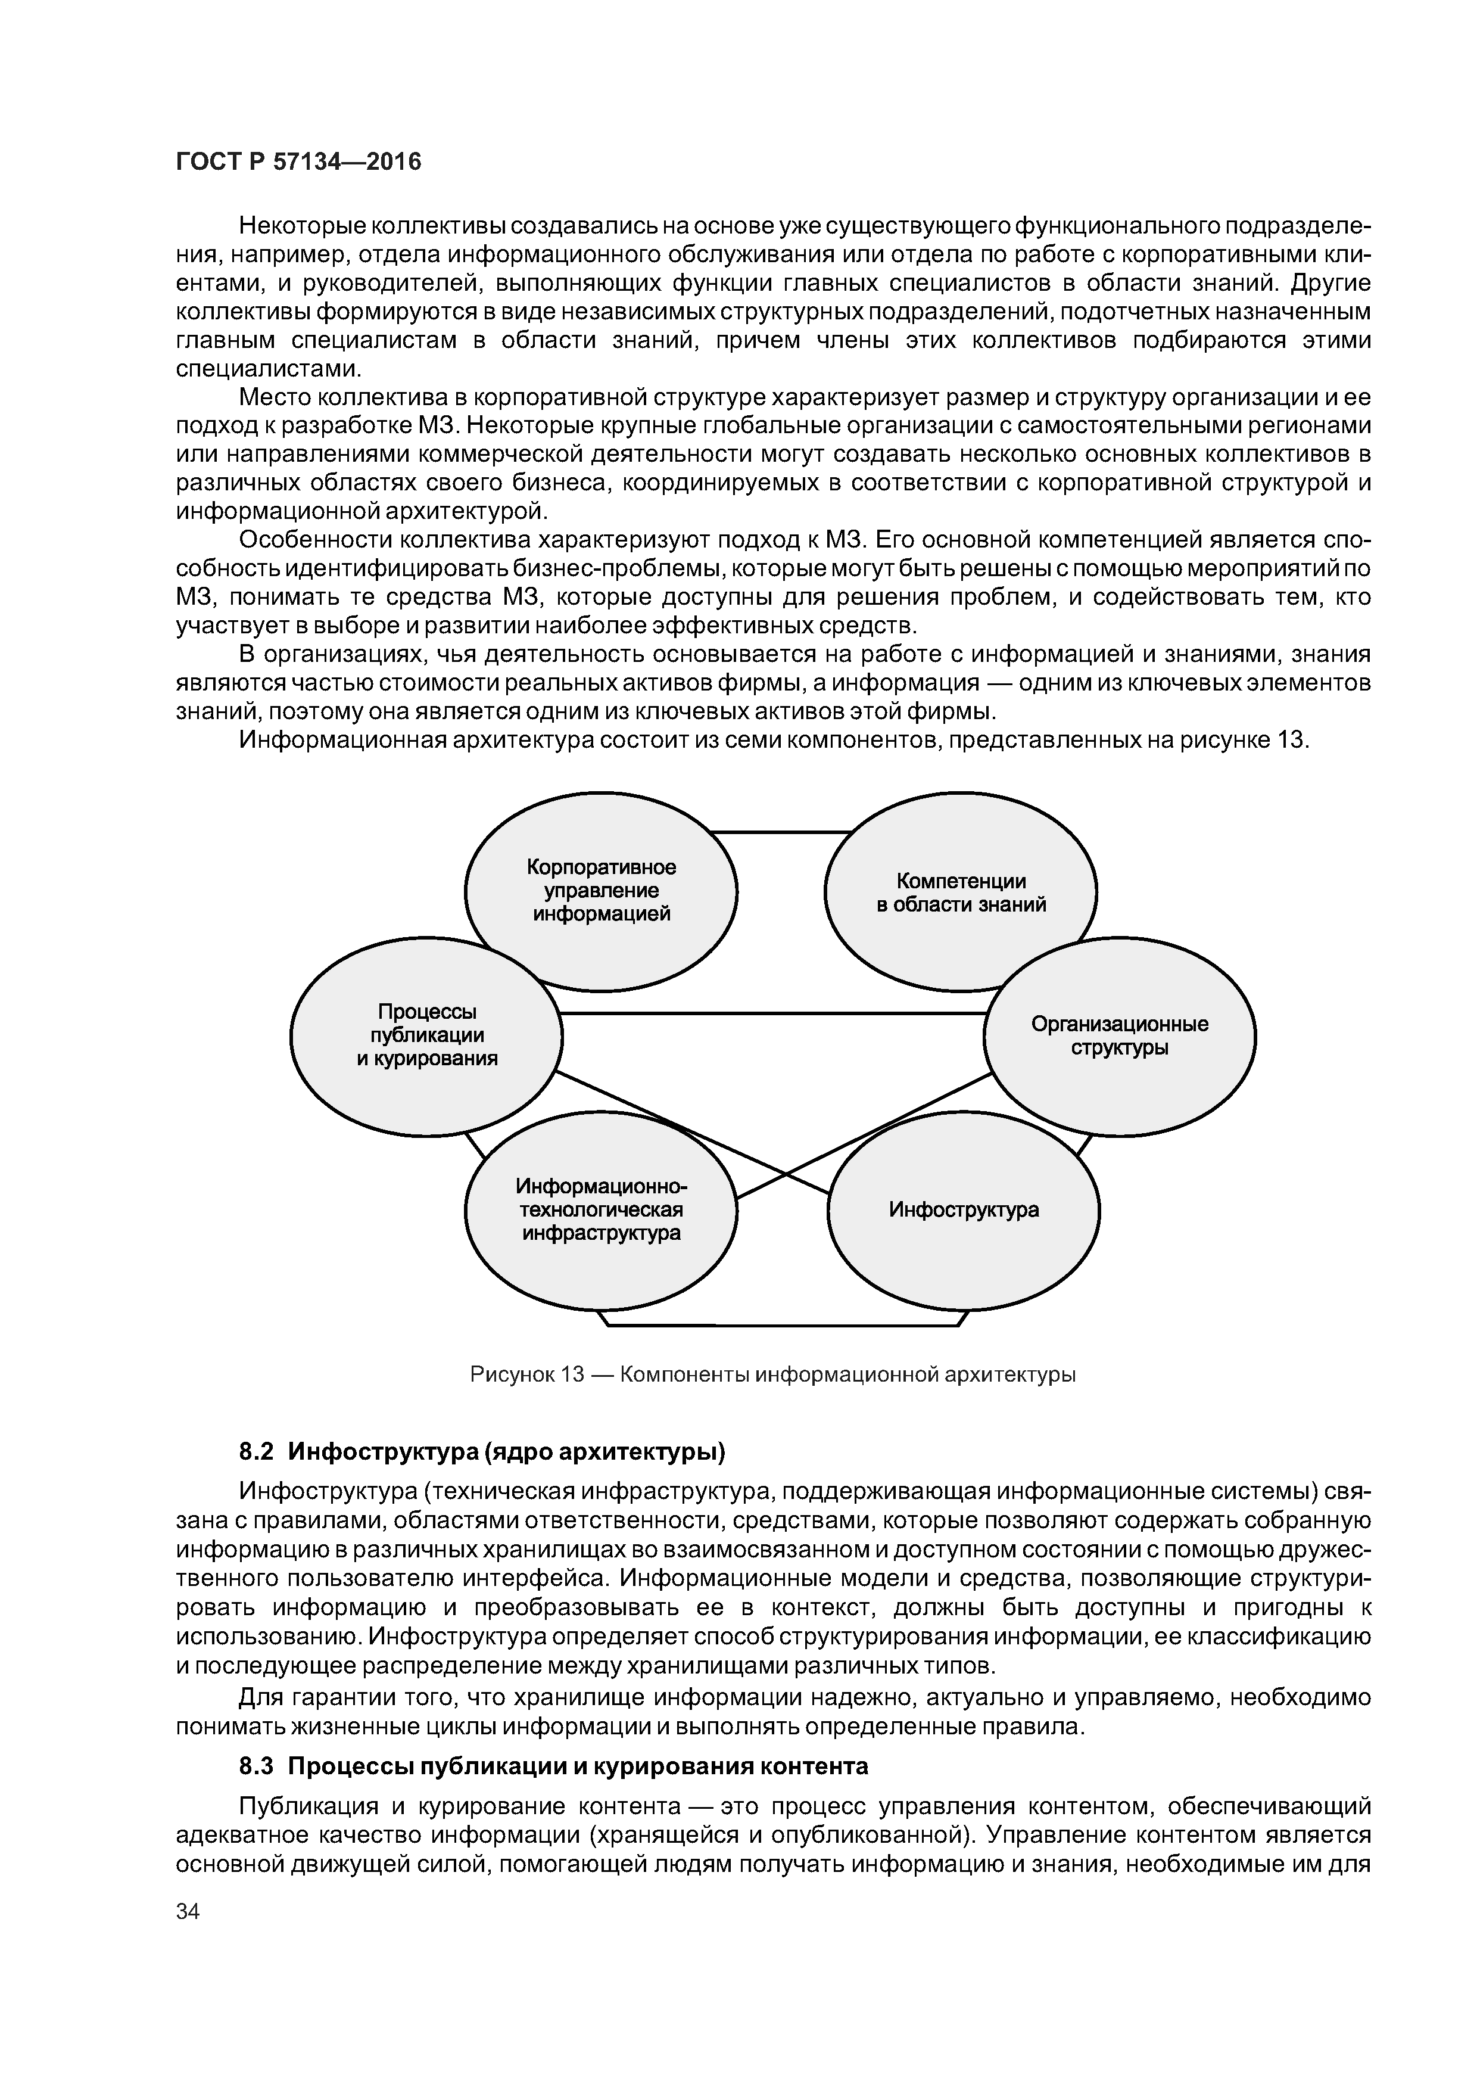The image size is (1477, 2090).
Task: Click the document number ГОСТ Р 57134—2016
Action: [x=298, y=162]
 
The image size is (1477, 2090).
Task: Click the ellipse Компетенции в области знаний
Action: [x=960, y=892]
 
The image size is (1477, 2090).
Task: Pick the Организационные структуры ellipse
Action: [x=1119, y=1036]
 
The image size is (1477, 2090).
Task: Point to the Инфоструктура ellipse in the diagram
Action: [x=963, y=1210]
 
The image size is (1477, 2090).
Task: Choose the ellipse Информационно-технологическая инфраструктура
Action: [x=601, y=1210]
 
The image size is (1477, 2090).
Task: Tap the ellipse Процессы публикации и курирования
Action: [x=426, y=1036]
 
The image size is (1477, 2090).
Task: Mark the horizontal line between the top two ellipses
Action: [x=780, y=832]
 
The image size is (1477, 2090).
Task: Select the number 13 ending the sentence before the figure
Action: [x=1291, y=740]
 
